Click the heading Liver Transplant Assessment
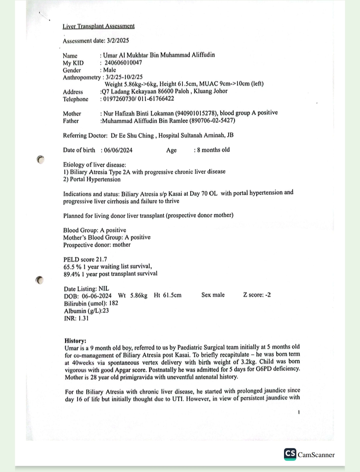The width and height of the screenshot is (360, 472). click(98, 26)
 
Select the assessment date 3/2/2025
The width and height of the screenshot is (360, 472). click(118, 40)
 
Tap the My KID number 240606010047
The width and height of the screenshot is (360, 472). click(123, 62)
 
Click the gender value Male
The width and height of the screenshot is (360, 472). click(110, 70)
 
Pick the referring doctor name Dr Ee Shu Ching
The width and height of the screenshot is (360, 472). click(132, 135)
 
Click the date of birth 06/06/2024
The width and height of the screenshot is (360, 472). click(118, 150)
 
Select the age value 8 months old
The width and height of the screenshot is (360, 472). click(213, 150)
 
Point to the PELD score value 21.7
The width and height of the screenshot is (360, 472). click(101, 259)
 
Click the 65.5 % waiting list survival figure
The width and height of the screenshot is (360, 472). click(72, 267)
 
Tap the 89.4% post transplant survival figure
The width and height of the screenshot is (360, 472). click(72, 274)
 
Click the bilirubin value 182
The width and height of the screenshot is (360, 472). click(113, 303)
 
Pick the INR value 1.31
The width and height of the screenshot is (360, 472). click(83, 318)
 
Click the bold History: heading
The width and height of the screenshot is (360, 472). click(75, 340)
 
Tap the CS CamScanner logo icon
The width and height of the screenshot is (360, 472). click(290, 454)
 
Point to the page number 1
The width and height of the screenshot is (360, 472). click(299, 412)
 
